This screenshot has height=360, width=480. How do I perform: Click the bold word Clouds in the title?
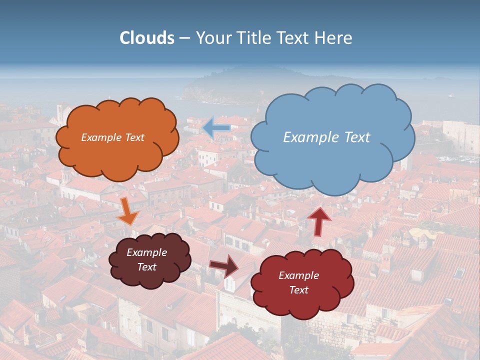(147, 38)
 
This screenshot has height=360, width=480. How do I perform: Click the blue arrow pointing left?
(216, 128)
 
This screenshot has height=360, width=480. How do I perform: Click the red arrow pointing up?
(319, 220)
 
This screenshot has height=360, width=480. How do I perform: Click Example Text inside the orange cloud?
(112, 137)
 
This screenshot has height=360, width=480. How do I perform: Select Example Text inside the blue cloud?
(326, 137)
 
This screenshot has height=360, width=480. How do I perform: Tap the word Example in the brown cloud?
(146, 252)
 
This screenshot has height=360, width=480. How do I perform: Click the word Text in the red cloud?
(299, 290)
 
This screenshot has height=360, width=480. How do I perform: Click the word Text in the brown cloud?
(146, 267)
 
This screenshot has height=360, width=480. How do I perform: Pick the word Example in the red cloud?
(298, 275)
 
